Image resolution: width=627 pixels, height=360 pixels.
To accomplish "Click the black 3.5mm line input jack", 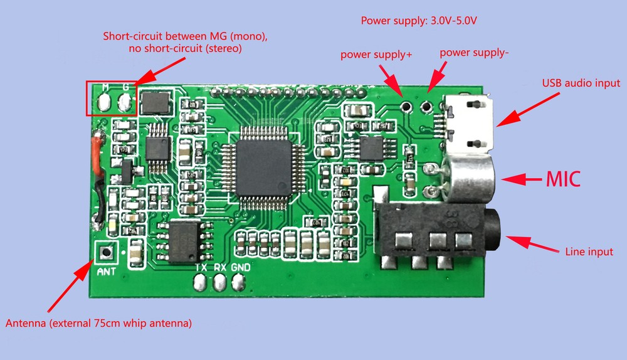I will (x=439, y=235).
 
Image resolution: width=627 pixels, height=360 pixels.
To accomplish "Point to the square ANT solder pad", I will (x=106, y=252).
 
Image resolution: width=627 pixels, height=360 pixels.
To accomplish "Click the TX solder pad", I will (x=201, y=283).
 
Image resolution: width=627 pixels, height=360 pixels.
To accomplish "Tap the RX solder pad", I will (x=219, y=283).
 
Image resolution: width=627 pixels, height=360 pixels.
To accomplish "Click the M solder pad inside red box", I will (x=105, y=100).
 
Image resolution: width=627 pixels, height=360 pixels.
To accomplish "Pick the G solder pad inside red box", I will (x=125, y=100).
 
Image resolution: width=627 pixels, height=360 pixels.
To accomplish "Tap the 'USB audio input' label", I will (x=581, y=83).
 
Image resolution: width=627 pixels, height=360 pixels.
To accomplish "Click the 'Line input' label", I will (x=587, y=252).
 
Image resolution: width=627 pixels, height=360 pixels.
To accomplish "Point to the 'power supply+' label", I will (x=376, y=55).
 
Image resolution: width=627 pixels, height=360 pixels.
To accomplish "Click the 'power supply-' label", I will (x=473, y=53).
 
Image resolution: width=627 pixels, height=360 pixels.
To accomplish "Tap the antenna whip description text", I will (x=98, y=324).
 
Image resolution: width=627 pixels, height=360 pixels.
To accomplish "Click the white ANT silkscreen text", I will (x=106, y=272).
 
